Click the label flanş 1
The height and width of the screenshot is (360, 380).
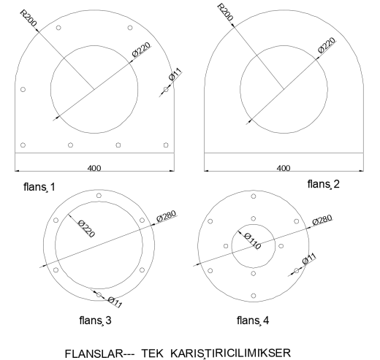click(x=39, y=187)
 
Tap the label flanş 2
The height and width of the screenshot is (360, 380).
click(x=324, y=184)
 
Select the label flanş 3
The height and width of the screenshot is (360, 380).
click(x=95, y=321)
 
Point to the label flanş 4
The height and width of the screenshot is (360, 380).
click(x=253, y=321)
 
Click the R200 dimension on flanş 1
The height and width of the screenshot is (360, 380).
click(x=28, y=18)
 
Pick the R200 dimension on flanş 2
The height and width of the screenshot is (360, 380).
click(x=225, y=12)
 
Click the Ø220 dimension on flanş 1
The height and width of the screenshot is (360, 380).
click(x=142, y=50)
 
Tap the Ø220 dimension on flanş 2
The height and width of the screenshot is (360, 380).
click(x=327, y=45)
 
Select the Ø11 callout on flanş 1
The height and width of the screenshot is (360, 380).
click(x=175, y=74)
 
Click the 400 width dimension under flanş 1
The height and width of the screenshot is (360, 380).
click(x=94, y=168)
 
